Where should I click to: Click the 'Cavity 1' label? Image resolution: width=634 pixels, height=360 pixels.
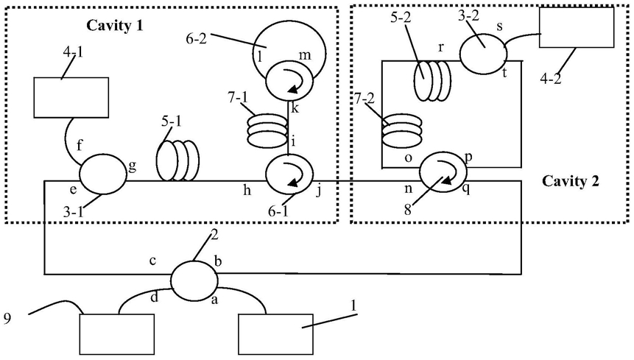coord(114,26)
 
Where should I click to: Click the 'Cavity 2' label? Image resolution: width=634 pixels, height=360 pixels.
coord(570,181)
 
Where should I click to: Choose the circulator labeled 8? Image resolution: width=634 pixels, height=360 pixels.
coord(443,172)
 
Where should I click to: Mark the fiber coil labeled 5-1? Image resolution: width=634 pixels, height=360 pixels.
coord(178,160)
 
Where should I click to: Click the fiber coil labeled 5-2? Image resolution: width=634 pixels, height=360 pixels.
coord(433,80)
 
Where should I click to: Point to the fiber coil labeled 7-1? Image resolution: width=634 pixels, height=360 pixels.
coord(267,131)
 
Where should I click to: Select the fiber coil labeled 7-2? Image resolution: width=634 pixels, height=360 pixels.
coord(402,133)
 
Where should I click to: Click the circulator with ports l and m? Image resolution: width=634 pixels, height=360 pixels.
coord(289,80)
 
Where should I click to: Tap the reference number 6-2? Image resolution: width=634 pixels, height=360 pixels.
coord(195,39)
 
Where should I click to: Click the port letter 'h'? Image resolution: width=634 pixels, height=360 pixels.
coord(247,190)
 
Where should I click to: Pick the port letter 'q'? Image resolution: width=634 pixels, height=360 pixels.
coord(466,189)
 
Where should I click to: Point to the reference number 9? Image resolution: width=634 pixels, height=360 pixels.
coord(7,319)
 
